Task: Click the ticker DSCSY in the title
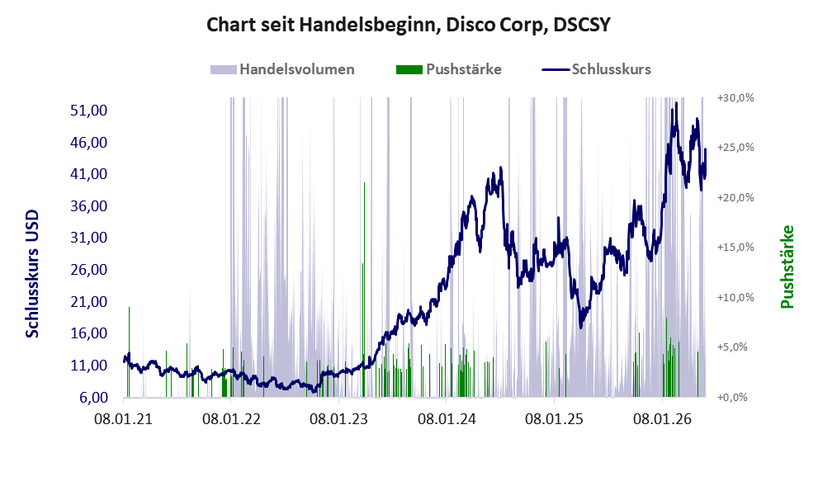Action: click(x=582, y=25)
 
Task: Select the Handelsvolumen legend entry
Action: click(x=282, y=69)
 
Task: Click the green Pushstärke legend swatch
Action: click(x=409, y=69)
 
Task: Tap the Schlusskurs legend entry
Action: click(x=596, y=69)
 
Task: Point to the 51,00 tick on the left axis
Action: click(x=88, y=110)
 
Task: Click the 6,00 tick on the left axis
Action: click(x=94, y=398)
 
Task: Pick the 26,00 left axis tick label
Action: click(x=88, y=270)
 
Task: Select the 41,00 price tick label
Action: click(x=88, y=173)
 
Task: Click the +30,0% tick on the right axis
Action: click(x=735, y=98)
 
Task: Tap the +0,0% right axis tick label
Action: click(x=732, y=398)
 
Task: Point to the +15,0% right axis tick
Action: click(x=735, y=248)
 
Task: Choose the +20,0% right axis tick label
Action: click(x=735, y=198)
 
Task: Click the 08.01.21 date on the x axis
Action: click(x=123, y=418)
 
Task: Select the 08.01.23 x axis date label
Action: click(x=338, y=418)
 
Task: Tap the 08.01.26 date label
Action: click(x=662, y=418)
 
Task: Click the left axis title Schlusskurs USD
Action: click(x=32, y=273)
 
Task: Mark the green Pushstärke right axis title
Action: click(x=787, y=267)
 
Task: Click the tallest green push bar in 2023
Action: click(x=364, y=290)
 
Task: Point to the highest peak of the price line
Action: click(x=676, y=103)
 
